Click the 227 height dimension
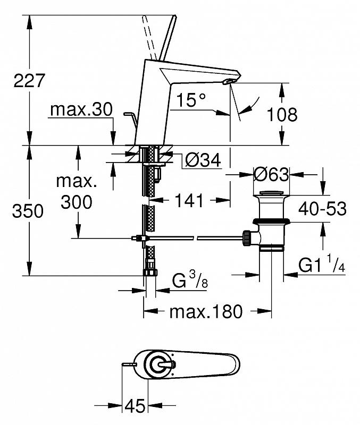(29, 81)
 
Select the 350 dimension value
(28, 211)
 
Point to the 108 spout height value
(282, 114)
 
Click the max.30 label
(81, 109)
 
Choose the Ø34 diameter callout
(203, 160)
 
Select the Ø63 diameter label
(271, 174)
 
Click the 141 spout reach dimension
(189, 201)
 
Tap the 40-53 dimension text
(323, 209)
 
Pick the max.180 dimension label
(206, 311)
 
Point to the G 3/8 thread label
(190, 280)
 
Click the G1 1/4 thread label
(322, 264)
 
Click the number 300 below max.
(77, 202)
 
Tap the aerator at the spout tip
(228, 82)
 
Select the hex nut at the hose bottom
(150, 272)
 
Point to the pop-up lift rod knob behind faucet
(128, 114)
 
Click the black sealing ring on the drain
(271, 222)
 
